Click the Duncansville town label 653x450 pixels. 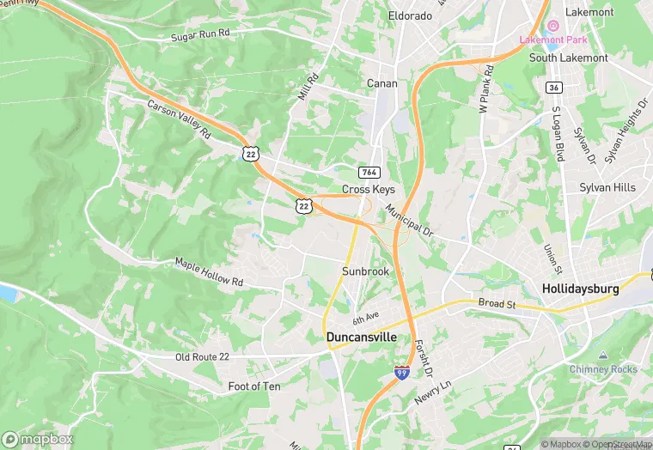point(362,337)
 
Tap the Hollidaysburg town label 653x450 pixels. point(580,289)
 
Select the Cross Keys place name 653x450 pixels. point(367,189)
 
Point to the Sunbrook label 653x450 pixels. point(366,271)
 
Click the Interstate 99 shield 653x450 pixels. point(401,373)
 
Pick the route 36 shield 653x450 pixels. point(554,88)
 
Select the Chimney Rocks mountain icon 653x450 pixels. point(602,356)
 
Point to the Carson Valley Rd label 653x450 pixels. point(179,119)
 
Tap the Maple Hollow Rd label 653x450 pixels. point(209,271)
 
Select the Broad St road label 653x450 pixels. point(497,304)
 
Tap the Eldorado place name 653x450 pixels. point(409,15)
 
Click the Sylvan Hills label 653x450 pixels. point(607,187)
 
